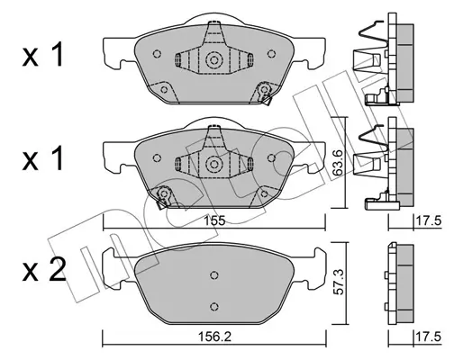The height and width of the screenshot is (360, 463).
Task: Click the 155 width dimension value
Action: [x=214, y=221]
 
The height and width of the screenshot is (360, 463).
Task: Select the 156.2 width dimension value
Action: [x=214, y=337]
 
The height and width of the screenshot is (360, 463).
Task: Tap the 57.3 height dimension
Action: [x=339, y=282]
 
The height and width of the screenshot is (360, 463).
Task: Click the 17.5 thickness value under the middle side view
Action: [x=428, y=221]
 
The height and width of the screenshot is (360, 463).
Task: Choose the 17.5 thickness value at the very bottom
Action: [x=428, y=337]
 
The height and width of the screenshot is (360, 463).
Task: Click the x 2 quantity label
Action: [x=43, y=271]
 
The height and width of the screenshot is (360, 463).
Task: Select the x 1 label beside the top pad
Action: [x=43, y=55]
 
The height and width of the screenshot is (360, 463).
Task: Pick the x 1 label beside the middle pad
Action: [x=43, y=158]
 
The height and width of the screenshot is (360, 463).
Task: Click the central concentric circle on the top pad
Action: [x=213, y=60]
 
